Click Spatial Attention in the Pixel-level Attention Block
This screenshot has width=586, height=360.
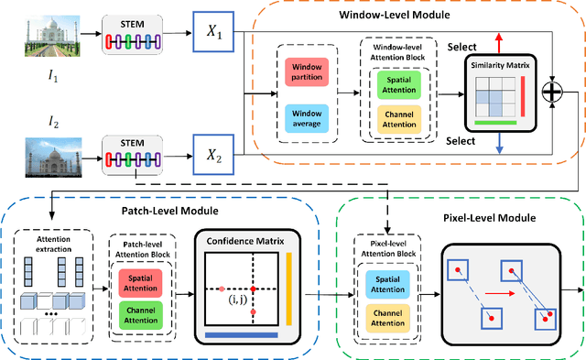tap(388, 284)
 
